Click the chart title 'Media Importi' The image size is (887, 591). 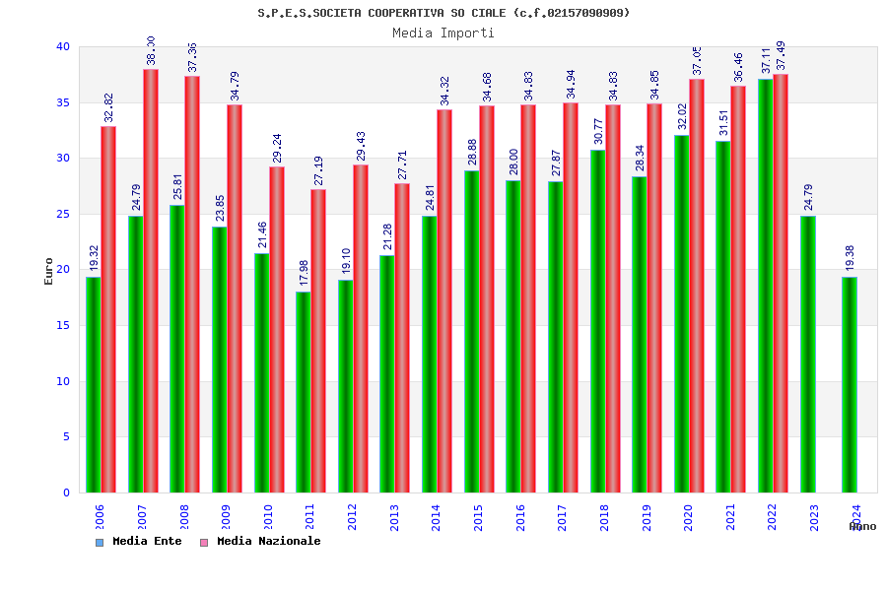tap(443, 33)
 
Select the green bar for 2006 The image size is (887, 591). tap(93, 384)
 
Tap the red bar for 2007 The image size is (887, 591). tap(151, 281)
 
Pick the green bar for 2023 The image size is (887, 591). tap(808, 355)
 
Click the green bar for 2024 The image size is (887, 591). tap(850, 384)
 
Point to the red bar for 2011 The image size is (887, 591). tap(318, 341)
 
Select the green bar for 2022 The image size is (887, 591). tap(766, 286)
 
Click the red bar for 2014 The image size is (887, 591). tap(444, 300)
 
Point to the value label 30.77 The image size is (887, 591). tap(598, 131)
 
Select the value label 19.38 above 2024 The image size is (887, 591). tap(850, 258)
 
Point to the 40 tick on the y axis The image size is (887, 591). tap(63, 46)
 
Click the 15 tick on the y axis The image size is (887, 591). tap(63, 325)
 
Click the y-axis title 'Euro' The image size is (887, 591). tap(49, 271)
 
